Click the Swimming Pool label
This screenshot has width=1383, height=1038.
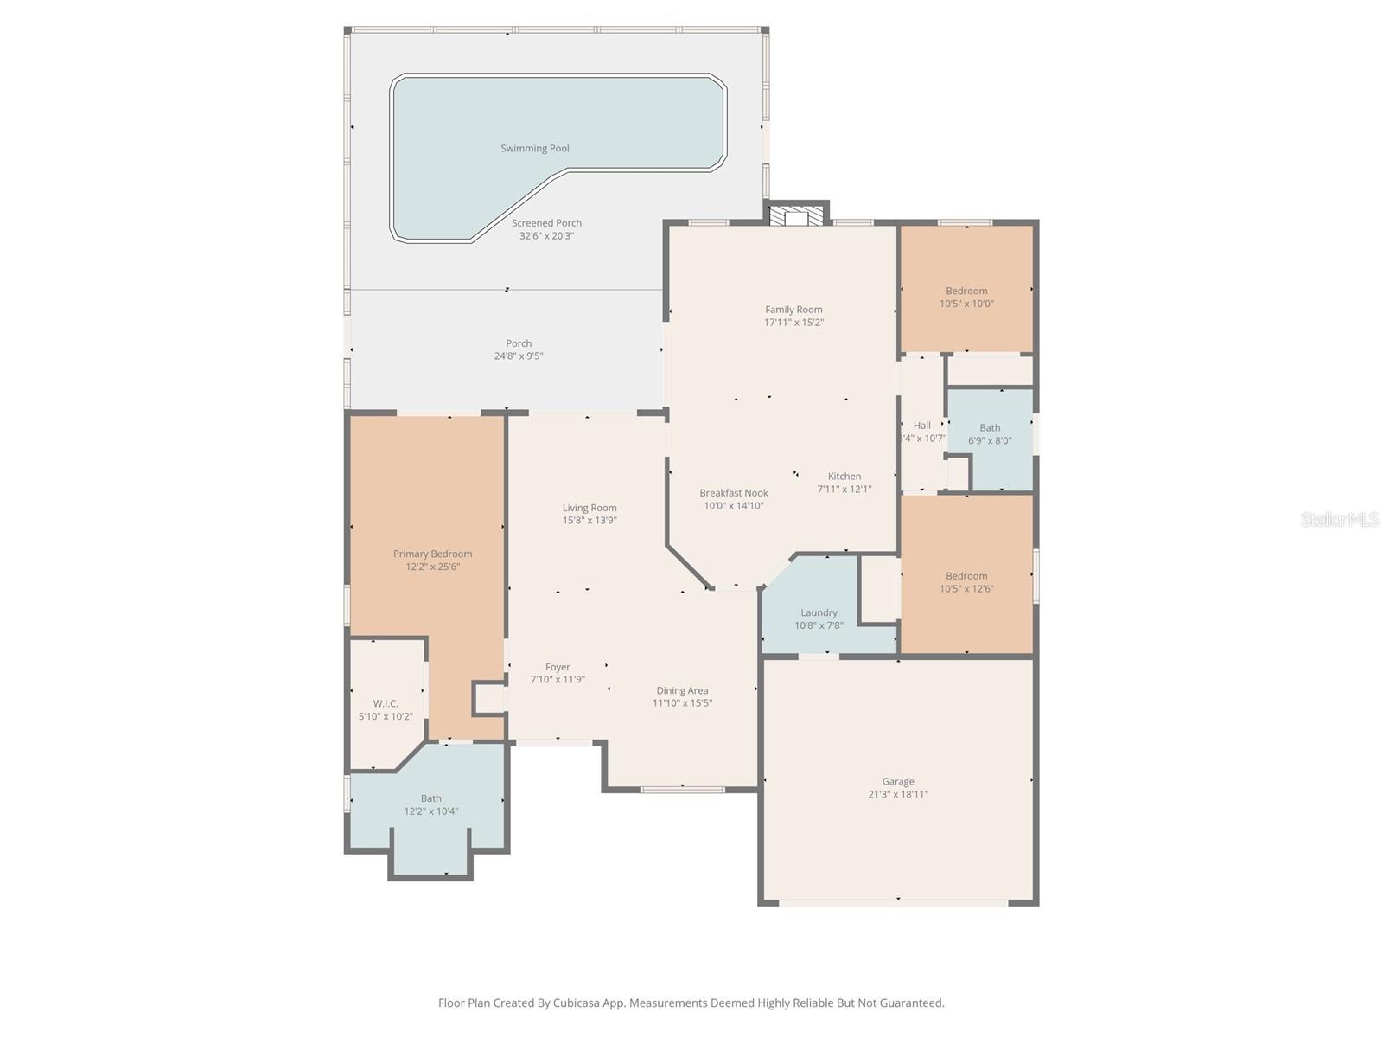[535, 148]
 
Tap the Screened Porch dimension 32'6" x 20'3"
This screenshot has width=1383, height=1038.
[546, 236]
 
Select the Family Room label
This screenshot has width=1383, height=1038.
[793, 310]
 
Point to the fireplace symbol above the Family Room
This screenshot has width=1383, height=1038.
[796, 215]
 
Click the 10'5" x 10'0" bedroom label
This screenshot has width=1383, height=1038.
[966, 292]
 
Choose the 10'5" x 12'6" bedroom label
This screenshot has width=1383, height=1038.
[966, 576]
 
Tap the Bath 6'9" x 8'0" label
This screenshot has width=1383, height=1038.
[990, 428]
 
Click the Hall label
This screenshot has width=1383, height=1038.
[922, 426]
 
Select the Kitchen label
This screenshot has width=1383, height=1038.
[844, 477]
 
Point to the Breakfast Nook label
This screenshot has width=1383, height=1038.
[734, 493]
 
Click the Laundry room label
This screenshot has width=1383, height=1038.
[819, 612]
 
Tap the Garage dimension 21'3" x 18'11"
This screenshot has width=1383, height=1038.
[898, 794]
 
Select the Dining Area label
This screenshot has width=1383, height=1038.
[682, 690]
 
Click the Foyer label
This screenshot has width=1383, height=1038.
[558, 667]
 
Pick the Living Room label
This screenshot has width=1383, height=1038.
[590, 508]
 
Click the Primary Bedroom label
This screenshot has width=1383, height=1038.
[432, 554]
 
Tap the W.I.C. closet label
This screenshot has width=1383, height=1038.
[386, 703]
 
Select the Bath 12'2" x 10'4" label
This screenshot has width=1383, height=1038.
[430, 798]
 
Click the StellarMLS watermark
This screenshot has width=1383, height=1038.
[1340, 519]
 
